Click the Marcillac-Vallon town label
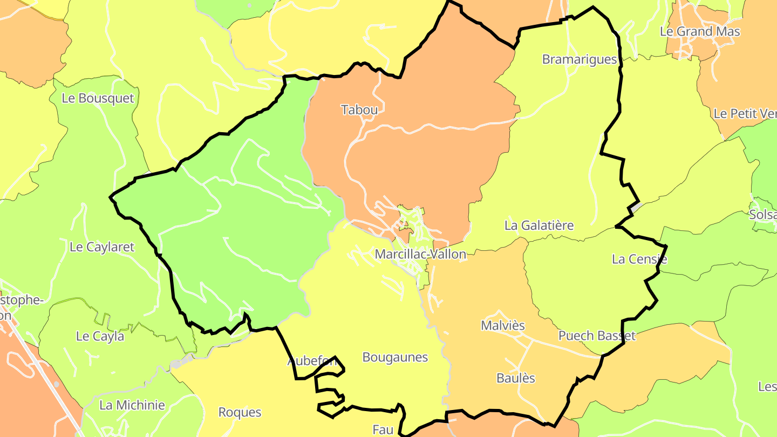[420, 254]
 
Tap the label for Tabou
[359, 110]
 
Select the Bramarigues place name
[580, 59]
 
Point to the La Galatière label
[539, 226]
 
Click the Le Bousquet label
[98, 98]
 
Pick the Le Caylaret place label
[102, 247]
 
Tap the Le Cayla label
[100, 337]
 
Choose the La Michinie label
[132, 405]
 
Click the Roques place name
[240, 413]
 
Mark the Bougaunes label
[395, 358]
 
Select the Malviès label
[503, 326]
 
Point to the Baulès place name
[516, 378]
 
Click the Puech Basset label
[597, 336]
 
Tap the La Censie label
[639, 260]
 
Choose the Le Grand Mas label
[700, 31]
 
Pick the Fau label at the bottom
[383, 429]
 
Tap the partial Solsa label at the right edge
[762, 215]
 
